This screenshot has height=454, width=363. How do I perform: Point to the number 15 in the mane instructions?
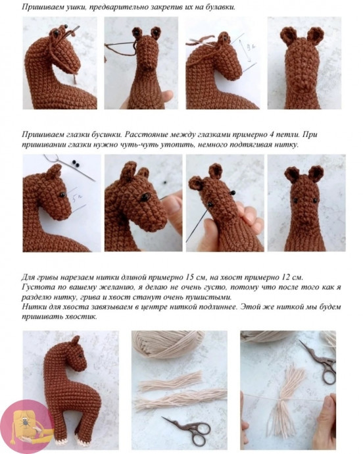(x=190, y=277)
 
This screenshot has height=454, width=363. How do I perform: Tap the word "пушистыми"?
(x=212, y=297)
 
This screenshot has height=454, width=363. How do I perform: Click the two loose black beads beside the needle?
(x=76, y=164)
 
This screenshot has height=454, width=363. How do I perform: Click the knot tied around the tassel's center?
(x=281, y=400)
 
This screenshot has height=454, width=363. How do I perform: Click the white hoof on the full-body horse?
(x=82, y=440)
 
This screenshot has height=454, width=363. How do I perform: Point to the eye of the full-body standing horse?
(x=81, y=355)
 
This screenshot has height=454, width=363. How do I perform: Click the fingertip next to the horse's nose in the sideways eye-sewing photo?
(x=172, y=203)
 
